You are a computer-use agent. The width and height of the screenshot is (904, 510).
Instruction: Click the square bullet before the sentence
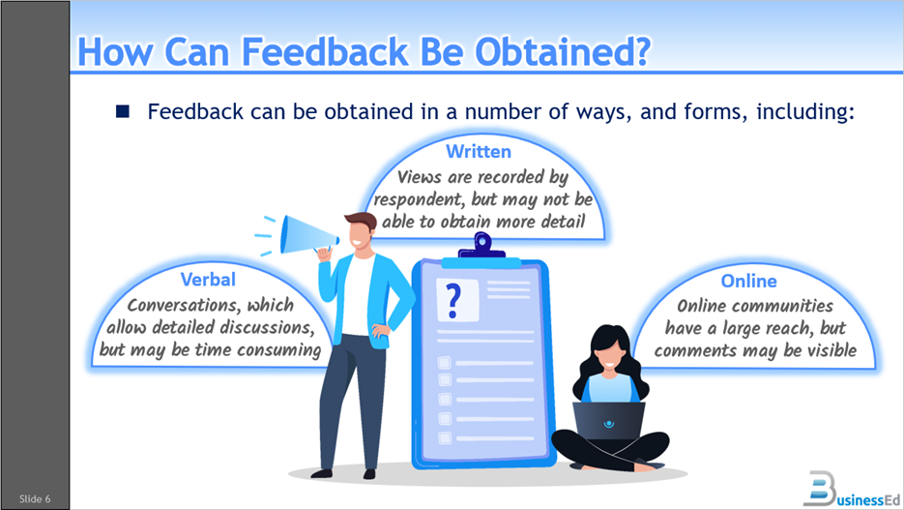[123, 111]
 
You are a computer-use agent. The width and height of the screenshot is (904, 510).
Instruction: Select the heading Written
[478, 152]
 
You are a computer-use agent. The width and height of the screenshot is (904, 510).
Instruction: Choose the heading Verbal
[208, 280]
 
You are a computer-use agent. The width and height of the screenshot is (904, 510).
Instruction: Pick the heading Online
[748, 281]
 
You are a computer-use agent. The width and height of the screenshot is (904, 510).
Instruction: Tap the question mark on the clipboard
[449, 300]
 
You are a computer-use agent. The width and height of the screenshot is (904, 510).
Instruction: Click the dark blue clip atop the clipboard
[481, 247]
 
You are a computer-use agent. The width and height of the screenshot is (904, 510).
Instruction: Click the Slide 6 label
[35, 498]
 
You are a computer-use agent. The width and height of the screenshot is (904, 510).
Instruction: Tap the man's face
[361, 234]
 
